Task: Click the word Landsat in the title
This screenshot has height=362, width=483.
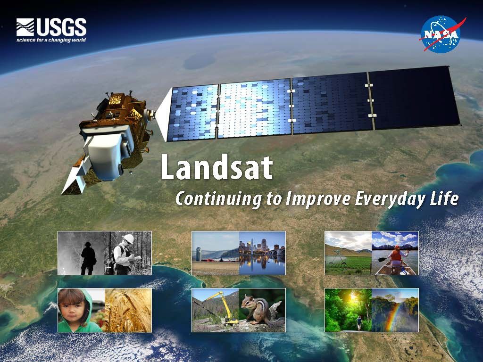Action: (x=217, y=167)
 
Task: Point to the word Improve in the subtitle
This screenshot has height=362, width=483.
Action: (x=318, y=199)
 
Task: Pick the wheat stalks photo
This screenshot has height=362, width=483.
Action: (x=127, y=310)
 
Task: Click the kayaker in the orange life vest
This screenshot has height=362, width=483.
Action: (x=395, y=255)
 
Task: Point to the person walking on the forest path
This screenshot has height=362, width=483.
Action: (x=358, y=322)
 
